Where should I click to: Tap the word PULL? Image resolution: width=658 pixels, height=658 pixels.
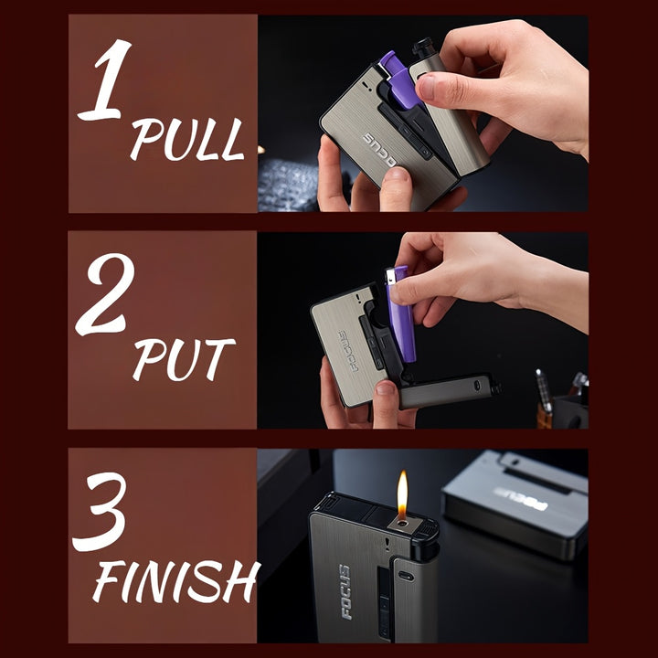187,139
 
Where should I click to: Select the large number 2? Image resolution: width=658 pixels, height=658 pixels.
105,294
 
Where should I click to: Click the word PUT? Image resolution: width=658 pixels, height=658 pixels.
184,360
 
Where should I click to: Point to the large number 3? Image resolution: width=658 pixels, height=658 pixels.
100,512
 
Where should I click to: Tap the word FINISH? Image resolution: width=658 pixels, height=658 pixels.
175,581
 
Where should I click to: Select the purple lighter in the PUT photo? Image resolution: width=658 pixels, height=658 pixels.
400,313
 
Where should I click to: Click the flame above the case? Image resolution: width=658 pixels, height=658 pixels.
402,494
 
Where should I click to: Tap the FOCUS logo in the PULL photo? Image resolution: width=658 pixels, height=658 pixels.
380,150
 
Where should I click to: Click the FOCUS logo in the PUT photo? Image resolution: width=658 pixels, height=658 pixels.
348,351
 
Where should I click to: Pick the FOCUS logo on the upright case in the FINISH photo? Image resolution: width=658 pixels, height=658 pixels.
345,591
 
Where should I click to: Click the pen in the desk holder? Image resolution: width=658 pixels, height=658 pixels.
544,391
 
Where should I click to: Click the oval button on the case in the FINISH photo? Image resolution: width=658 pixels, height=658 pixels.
406,576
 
